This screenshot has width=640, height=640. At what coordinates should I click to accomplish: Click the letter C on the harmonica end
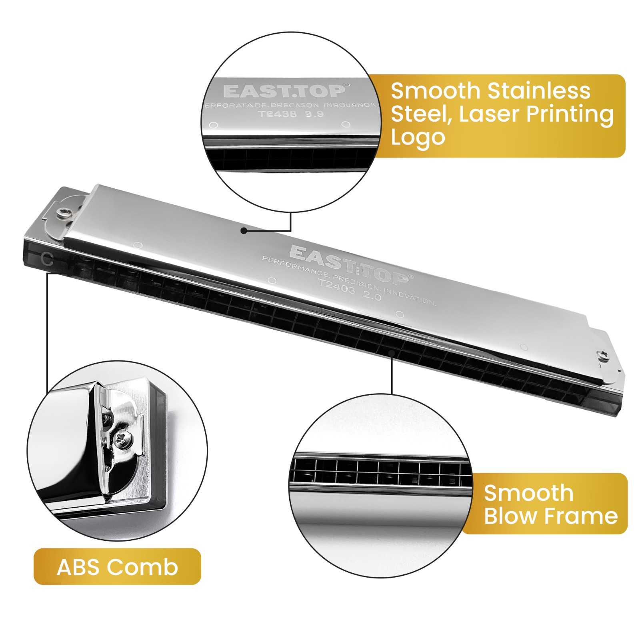(x=47, y=260)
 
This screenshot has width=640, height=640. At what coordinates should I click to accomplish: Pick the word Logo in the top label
(x=418, y=137)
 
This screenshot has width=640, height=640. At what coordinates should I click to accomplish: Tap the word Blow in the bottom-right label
(x=508, y=516)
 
